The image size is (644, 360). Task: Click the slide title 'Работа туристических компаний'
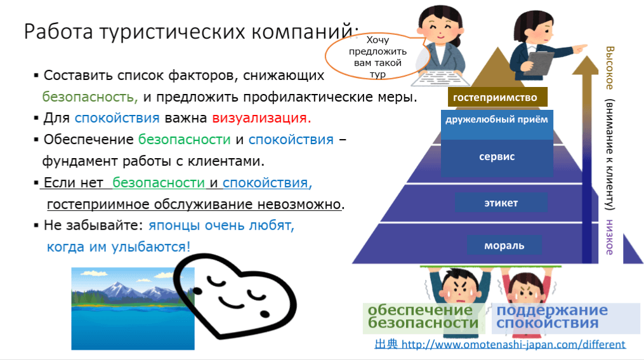tap(191, 31)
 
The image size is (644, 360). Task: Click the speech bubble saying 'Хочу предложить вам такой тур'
tap(378, 57)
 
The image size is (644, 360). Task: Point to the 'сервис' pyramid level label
tap(497, 157)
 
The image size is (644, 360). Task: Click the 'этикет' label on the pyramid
tap(501, 203)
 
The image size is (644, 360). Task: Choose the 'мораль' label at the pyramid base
tap(504, 245)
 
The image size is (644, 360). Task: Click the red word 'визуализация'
tap(261, 118)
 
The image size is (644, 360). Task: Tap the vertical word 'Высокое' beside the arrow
tap(610, 68)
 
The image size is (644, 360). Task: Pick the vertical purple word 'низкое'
tap(610, 237)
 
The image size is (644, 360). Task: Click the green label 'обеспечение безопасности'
tap(423, 316)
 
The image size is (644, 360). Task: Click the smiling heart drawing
tap(235, 296)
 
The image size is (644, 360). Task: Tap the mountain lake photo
tap(133, 309)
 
